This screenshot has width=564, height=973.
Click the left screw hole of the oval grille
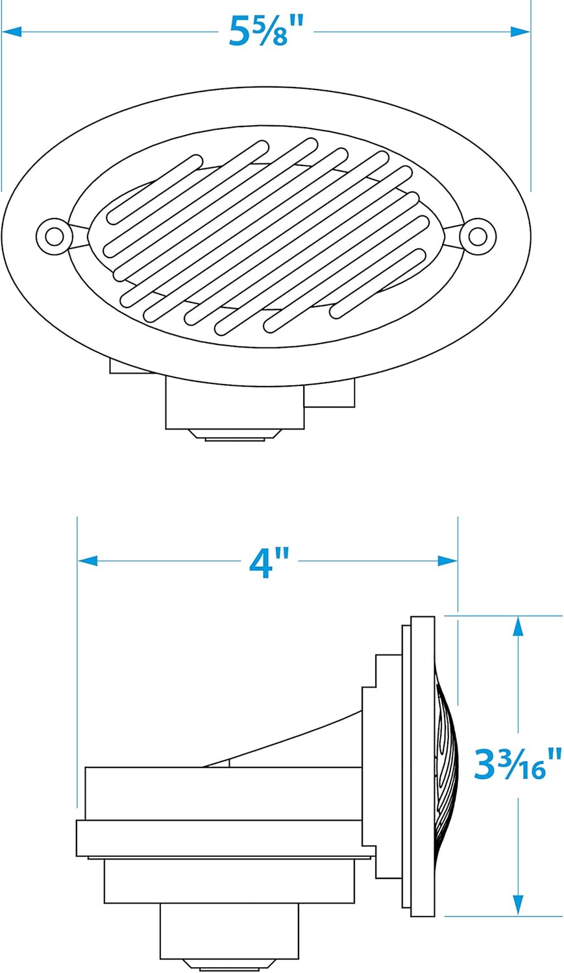tap(54, 237)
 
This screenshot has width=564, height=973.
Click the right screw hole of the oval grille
tap(478, 237)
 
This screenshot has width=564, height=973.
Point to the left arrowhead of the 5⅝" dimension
tap(12, 32)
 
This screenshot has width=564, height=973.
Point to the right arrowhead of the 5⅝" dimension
tap(521, 32)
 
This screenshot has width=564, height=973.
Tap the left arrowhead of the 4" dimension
tap(88, 561)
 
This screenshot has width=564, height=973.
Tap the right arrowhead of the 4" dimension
tap(448, 561)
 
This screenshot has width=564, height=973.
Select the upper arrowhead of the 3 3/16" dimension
tap(517, 627)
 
